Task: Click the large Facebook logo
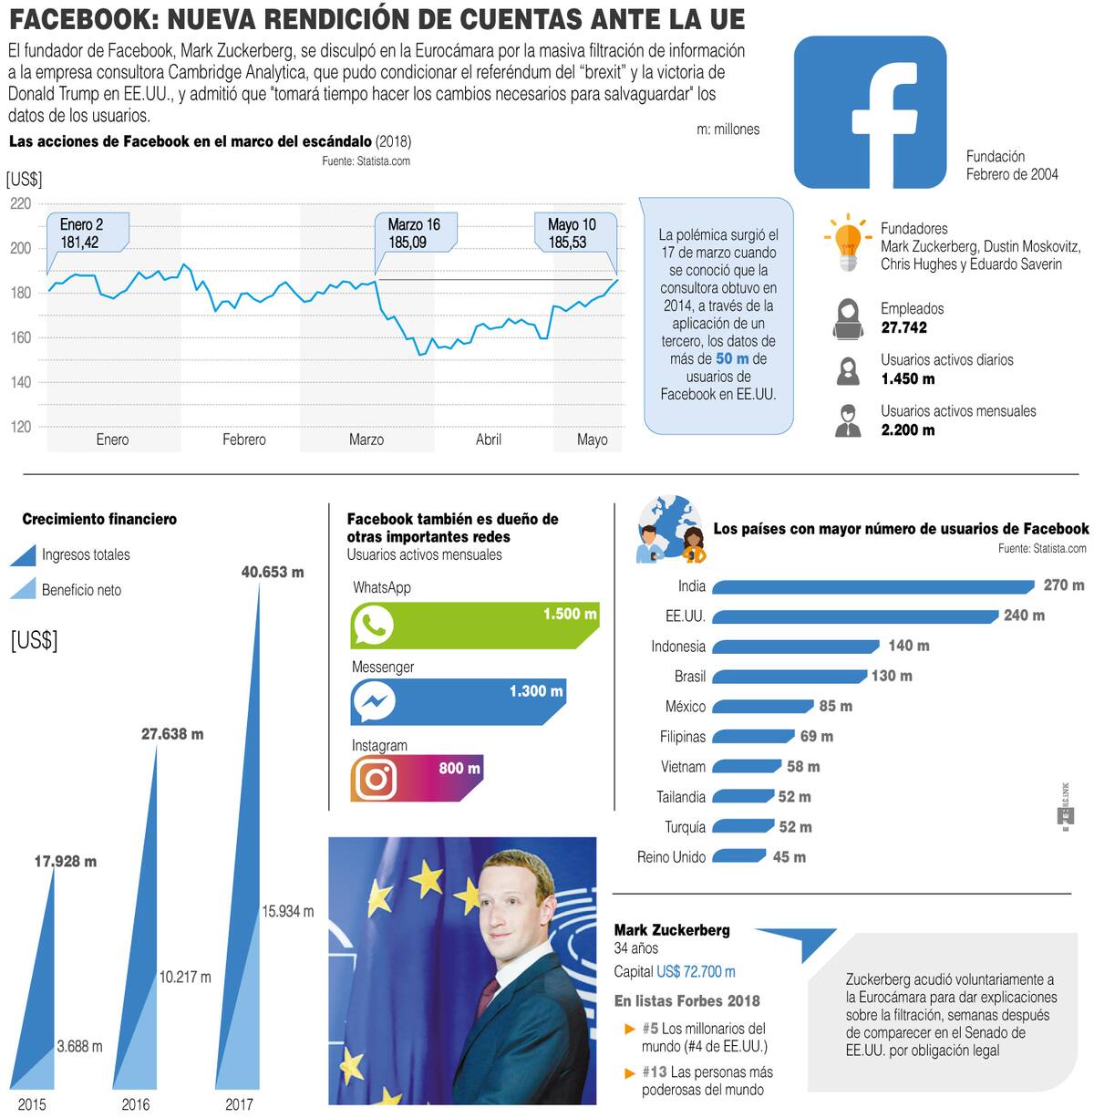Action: pos(870,112)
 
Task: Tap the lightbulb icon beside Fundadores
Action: pos(848,243)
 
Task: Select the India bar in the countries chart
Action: pos(872,586)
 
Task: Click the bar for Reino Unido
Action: pos(738,856)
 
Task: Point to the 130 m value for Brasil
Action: pos(892,676)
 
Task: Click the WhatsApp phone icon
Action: pos(373,626)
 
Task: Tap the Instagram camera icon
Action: pos(374,779)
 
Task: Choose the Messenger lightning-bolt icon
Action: pos(373,702)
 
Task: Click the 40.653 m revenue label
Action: pos(272,572)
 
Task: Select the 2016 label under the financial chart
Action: pos(135,1104)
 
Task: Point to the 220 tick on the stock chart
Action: pos(20,203)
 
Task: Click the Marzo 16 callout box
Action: pos(415,233)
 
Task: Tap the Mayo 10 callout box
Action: pos(573,233)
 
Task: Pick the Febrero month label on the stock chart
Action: pos(244,440)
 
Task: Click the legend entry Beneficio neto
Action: pos(81,590)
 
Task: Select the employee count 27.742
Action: pos(903,327)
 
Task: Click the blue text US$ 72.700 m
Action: pos(696,972)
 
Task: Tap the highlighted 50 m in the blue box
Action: pos(732,359)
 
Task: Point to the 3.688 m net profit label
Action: pos(79,1046)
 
